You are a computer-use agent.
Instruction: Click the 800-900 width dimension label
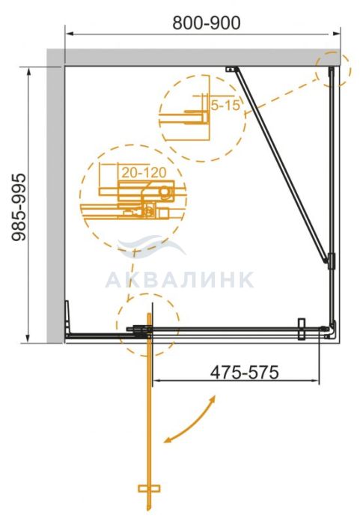[207, 22]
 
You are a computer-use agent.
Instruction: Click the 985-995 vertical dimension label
[19, 207]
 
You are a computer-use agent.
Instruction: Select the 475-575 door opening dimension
[244, 372]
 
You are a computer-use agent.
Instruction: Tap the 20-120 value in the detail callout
[144, 172]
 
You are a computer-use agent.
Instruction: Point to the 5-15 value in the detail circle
[225, 106]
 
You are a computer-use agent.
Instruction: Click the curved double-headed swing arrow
[189, 420]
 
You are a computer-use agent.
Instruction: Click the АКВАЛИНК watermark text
[180, 279]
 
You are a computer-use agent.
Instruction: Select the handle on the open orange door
[149, 489]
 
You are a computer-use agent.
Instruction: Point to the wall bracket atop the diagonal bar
[231, 69]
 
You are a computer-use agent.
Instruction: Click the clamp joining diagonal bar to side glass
[332, 261]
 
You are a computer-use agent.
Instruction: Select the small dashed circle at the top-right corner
[333, 69]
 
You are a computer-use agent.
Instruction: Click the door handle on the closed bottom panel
[302, 329]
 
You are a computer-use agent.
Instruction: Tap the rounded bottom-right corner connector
[332, 329]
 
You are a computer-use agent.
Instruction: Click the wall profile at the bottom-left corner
[67, 318]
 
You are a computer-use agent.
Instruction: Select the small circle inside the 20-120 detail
[165, 192]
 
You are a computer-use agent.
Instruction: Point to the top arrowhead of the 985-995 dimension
[28, 72]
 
